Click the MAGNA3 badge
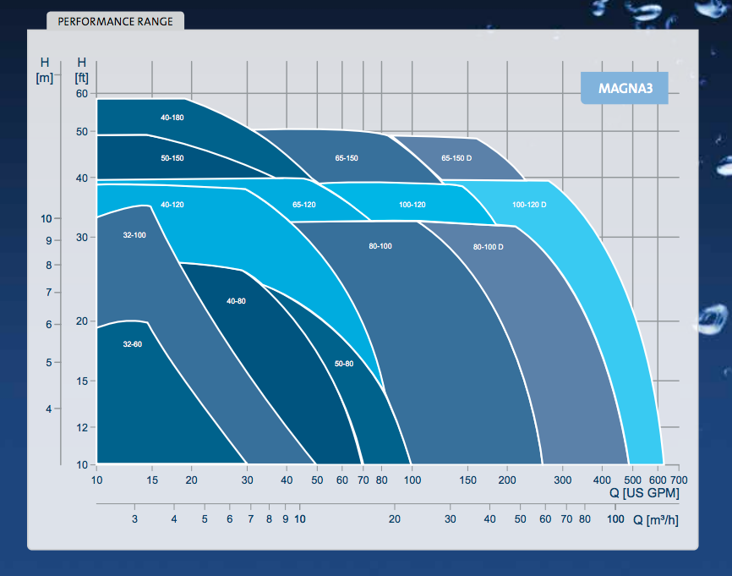625,88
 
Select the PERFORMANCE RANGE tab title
115,21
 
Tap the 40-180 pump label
172,118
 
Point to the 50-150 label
172,158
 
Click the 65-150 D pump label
456,158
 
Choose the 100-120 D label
529,205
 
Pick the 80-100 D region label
489,247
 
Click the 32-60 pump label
133,344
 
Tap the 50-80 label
344,364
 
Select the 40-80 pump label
236,301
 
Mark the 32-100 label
134,235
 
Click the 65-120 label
304,205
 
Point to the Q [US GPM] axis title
644,493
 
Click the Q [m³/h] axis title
655,520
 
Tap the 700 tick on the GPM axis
679,480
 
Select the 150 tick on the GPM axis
467,480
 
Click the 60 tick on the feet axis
82,93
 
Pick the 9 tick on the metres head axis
48,240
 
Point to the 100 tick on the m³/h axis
615,519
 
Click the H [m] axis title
45,69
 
